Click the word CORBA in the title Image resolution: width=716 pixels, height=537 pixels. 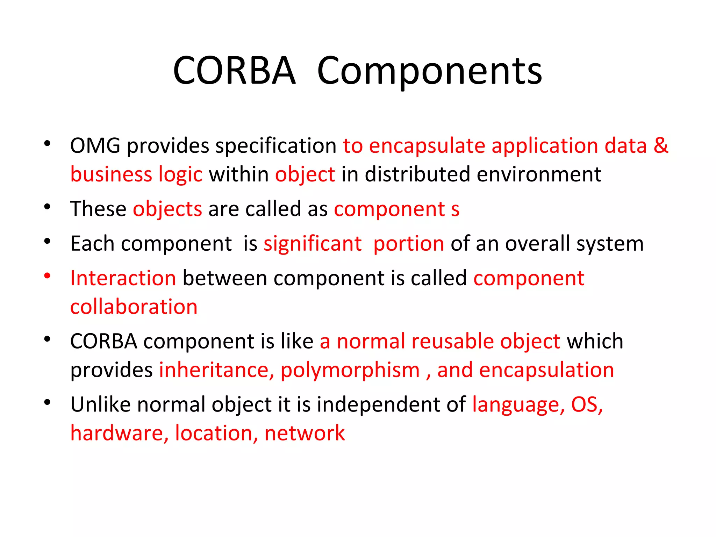click(x=234, y=71)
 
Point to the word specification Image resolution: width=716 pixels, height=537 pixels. click(x=276, y=146)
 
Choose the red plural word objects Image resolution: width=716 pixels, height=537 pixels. click(x=167, y=209)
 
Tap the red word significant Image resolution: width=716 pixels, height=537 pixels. click(x=313, y=244)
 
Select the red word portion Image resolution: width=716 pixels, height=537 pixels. click(x=409, y=244)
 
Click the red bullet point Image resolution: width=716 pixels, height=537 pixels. click(x=47, y=276)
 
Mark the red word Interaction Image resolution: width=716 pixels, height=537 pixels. click(x=123, y=278)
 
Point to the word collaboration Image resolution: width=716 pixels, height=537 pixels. click(x=134, y=307)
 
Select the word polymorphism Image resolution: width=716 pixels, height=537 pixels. click(x=350, y=371)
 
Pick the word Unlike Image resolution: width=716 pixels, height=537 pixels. click(x=100, y=404)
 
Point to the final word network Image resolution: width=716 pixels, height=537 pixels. click(x=305, y=433)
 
